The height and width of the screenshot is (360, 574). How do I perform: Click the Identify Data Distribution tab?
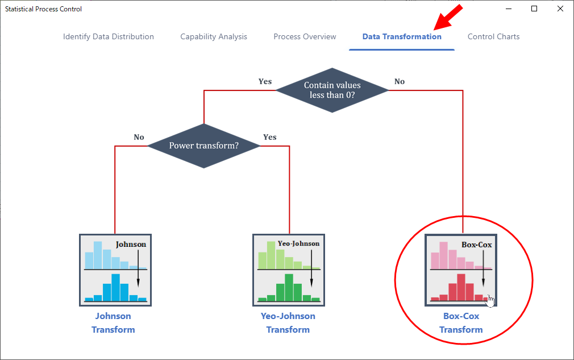pyautogui.click(x=109, y=36)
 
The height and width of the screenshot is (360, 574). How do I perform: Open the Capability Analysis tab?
pyautogui.click(x=214, y=36)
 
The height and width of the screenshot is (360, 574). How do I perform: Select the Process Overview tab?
pyautogui.click(x=305, y=36)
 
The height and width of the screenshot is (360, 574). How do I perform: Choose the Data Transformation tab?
pyautogui.click(x=402, y=36)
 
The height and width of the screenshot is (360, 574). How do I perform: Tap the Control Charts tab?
pyautogui.click(x=493, y=36)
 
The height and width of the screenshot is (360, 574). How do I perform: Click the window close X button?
pyautogui.click(x=560, y=9)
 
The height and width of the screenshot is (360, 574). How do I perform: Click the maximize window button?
pyautogui.click(x=534, y=9)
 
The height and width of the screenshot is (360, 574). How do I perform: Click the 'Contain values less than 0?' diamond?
pyautogui.click(x=332, y=90)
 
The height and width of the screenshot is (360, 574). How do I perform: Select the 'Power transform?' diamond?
pyautogui.click(x=204, y=146)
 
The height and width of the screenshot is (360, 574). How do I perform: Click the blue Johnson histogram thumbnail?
pyautogui.click(x=115, y=270)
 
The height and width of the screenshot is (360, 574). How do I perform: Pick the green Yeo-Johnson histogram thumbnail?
pyautogui.click(x=289, y=270)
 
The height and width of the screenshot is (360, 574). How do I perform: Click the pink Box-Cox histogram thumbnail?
pyautogui.click(x=461, y=270)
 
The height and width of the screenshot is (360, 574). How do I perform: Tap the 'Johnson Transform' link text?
pyautogui.click(x=113, y=322)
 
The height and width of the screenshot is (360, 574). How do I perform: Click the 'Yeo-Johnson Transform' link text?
pyautogui.click(x=288, y=322)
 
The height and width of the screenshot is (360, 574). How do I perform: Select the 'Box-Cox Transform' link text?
pyautogui.click(x=461, y=322)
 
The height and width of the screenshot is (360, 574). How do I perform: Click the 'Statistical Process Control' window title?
pyautogui.click(x=43, y=9)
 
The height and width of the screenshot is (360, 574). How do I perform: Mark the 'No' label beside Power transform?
pyautogui.click(x=139, y=137)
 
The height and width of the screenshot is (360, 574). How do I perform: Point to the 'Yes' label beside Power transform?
pyautogui.click(x=270, y=137)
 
